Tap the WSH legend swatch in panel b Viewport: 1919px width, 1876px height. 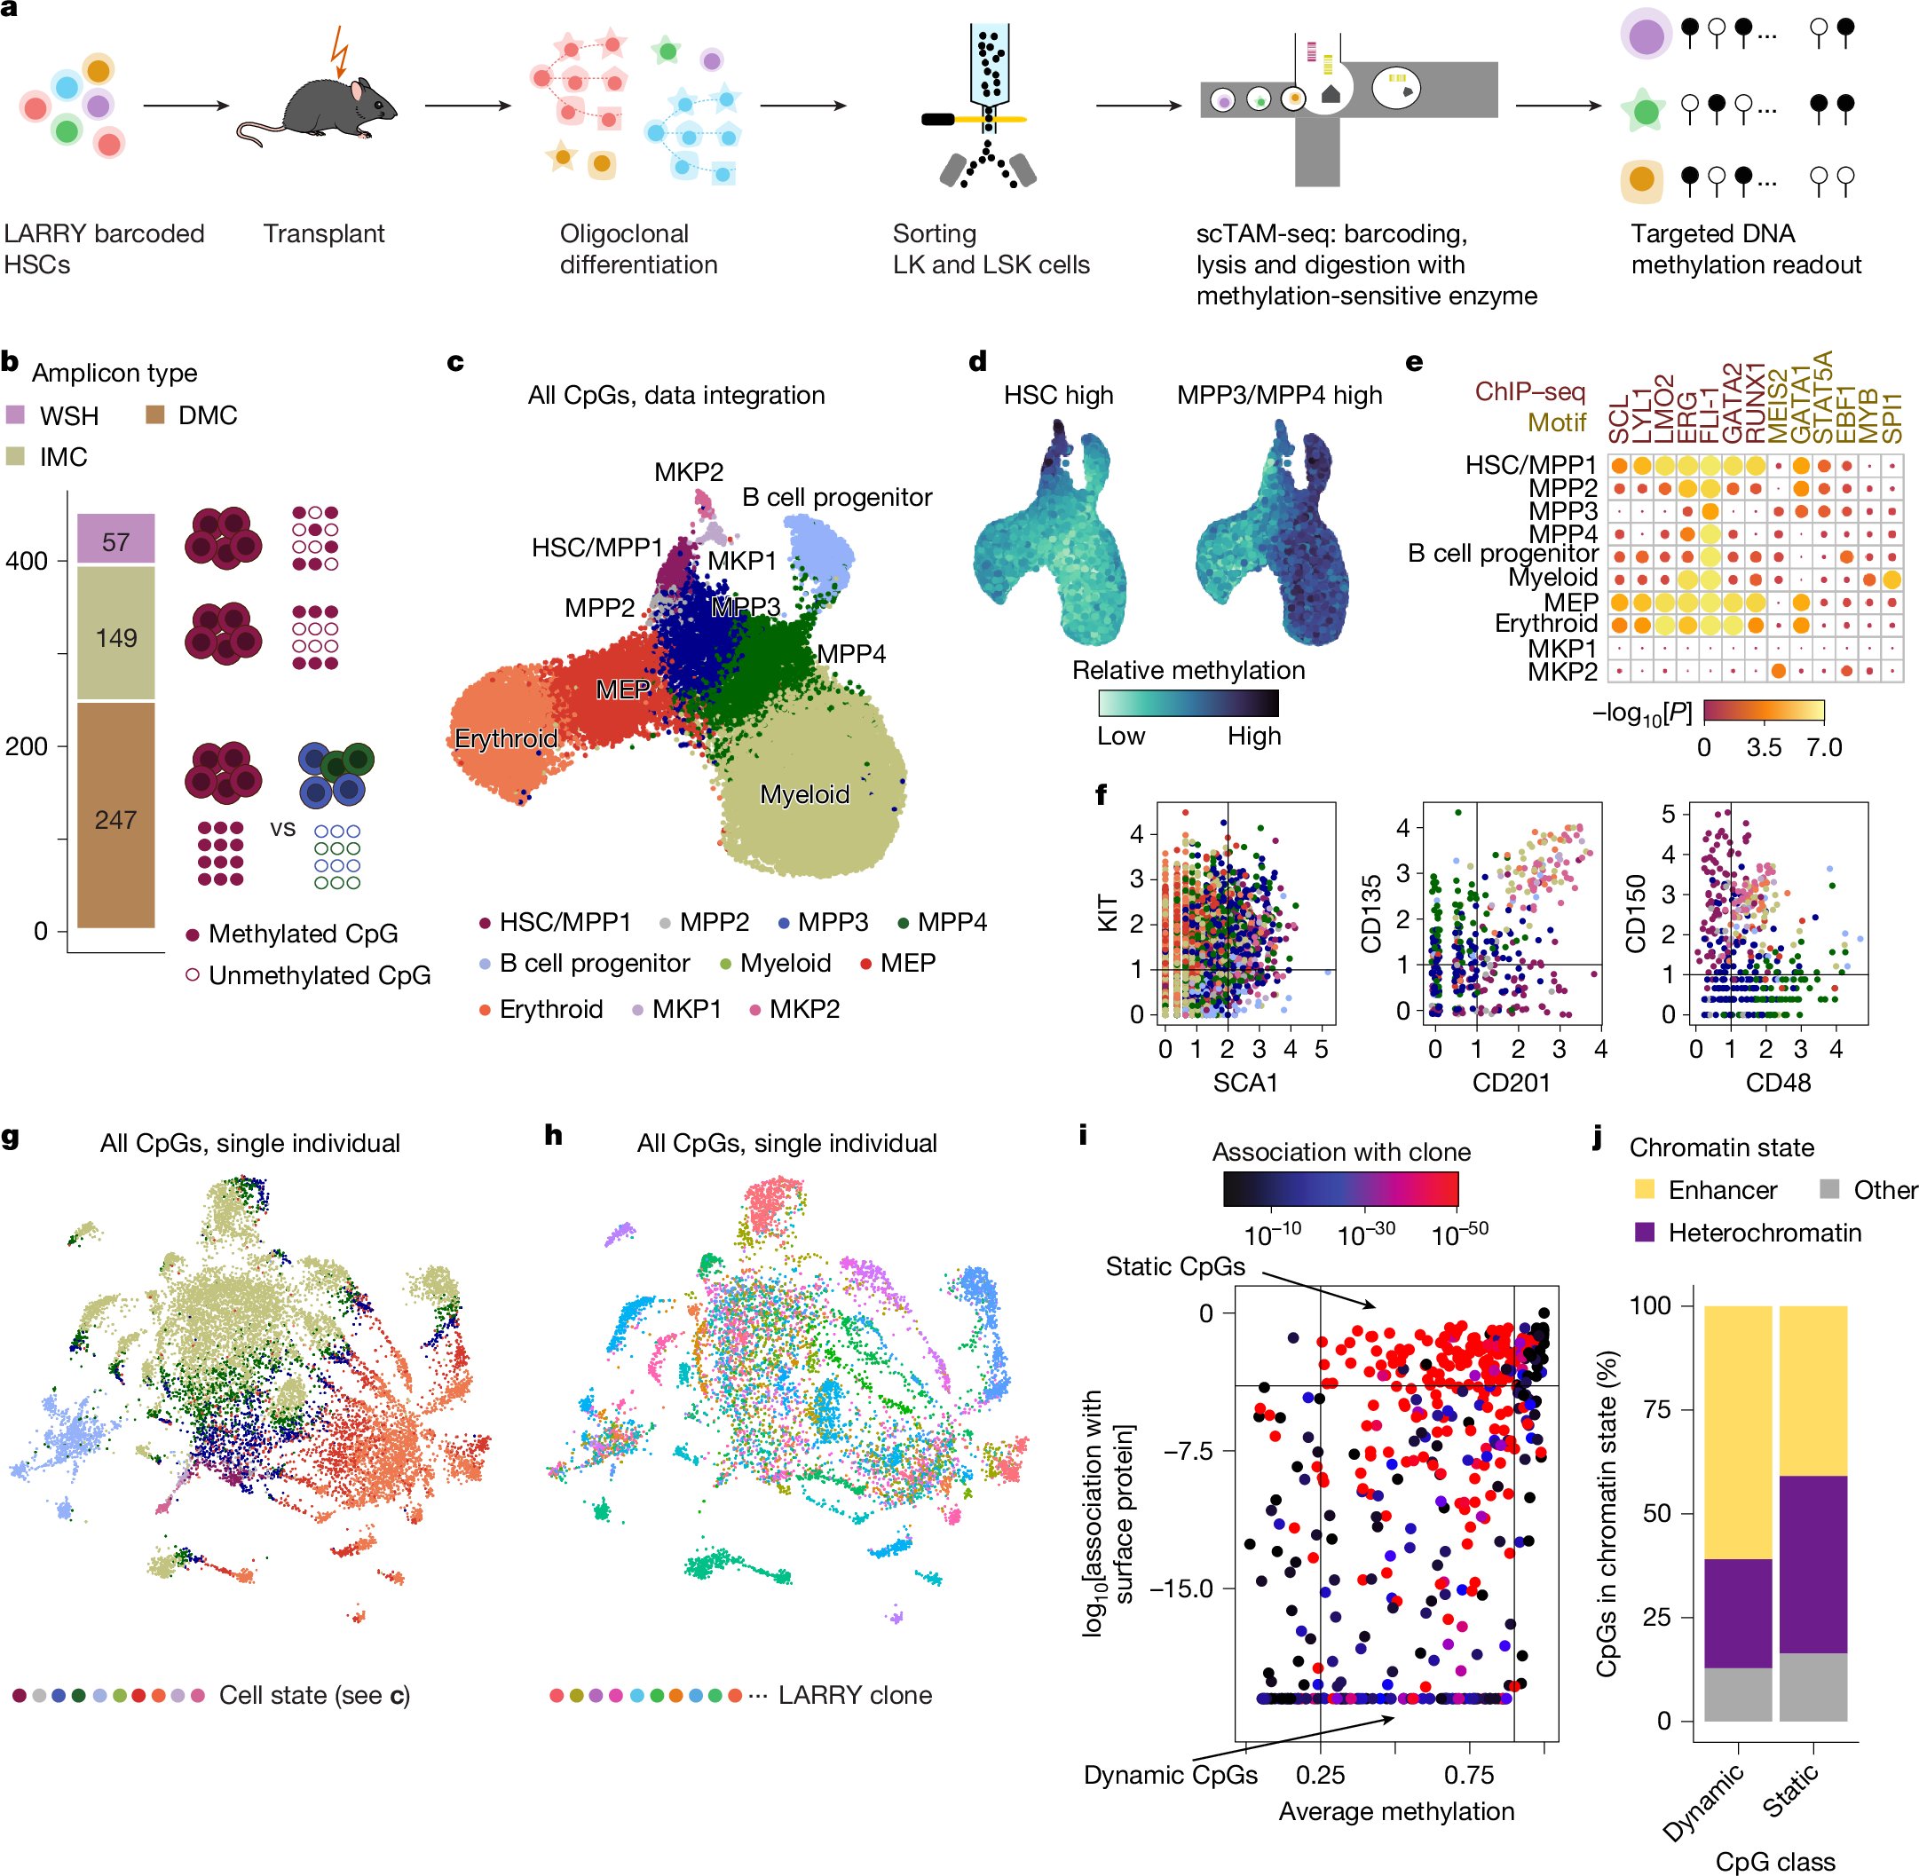[x=16, y=414]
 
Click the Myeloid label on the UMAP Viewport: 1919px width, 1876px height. [x=804, y=794]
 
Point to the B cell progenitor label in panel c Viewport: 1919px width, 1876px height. [x=836, y=498]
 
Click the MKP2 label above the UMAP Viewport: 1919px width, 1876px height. [x=688, y=472]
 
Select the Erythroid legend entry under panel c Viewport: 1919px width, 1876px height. [x=541, y=1009]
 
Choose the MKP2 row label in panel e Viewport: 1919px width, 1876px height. [x=1561, y=672]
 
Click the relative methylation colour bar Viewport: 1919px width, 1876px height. [x=1188, y=703]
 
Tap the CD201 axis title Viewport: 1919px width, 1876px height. [x=1510, y=1083]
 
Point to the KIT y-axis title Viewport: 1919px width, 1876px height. [x=1108, y=911]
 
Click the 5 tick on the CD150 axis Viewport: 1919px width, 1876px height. [x=1668, y=814]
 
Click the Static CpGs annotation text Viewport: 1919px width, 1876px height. [x=1175, y=1266]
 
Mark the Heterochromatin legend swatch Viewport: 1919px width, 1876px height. [x=1644, y=1232]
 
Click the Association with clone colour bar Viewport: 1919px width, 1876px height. [x=1339, y=1188]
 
